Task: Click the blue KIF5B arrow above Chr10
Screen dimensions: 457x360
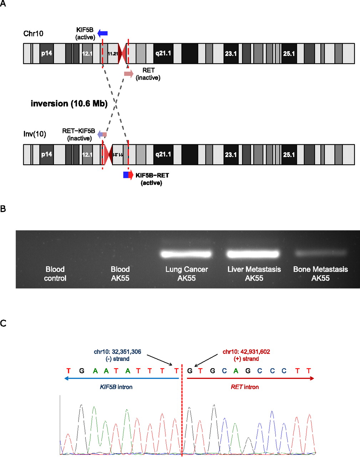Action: (102, 34)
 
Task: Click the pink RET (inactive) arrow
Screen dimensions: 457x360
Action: (128, 74)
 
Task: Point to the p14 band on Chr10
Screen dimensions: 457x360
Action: (47, 54)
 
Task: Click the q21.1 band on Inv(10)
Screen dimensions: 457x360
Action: (163, 155)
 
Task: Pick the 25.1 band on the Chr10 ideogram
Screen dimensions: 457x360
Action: (289, 54)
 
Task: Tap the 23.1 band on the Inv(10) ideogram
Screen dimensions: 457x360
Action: (231, 155)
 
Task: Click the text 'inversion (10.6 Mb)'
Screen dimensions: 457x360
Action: (69, 104)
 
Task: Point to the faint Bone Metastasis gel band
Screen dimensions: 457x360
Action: (320, 253)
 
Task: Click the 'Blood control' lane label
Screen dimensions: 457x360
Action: (55, 273)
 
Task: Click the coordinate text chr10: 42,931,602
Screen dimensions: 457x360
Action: (246, 352)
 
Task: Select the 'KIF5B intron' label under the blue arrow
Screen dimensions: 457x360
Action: (116, 387)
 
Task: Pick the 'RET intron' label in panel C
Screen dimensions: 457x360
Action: (245, 387)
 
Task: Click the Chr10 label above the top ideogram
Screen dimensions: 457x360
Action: (33, 34)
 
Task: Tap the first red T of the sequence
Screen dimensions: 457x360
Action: (69, 371)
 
